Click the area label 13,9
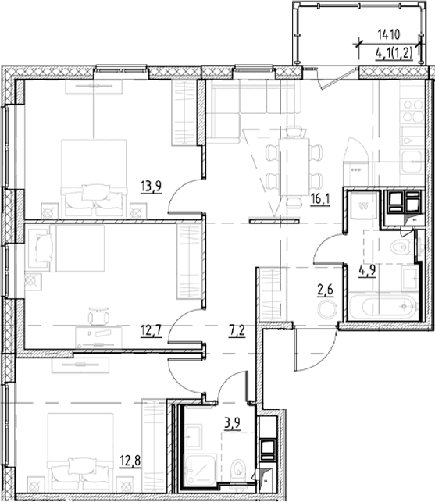[151, 187]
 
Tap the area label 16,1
[319, 200]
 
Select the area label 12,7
[151, 331]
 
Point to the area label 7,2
[237, 331]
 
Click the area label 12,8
[130, 461]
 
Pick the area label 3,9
[232, 423]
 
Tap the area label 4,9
[367, 271]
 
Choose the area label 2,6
[325, 290]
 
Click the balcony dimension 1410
[389, 34]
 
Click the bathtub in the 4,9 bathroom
[383, 307]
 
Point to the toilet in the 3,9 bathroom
[238, 468]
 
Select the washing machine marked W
[363, 205]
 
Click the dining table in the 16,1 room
[294, 167]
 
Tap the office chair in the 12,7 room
[98, 317]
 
